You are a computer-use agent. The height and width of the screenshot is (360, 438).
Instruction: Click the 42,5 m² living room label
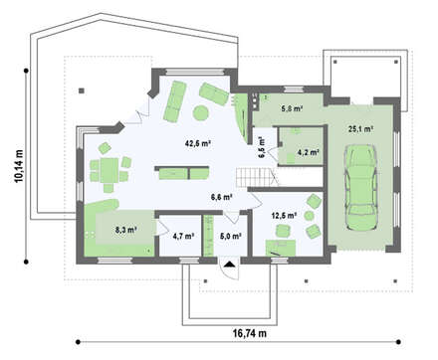tap(198, 143)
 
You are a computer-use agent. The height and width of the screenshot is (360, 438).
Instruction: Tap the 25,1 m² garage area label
tap(360, 129)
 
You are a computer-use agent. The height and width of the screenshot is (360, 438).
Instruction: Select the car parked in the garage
tap(360, 188)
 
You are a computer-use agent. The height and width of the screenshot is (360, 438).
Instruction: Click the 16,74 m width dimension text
tap(250, 333)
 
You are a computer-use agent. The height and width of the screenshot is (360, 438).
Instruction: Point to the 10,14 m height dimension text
tap(19, 166)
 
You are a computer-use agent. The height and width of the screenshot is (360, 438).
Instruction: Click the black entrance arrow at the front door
tap(229, 264)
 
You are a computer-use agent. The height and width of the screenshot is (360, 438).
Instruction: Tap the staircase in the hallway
tap(258, 177)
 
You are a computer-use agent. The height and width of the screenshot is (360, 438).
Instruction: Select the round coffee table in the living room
tap(201, 113)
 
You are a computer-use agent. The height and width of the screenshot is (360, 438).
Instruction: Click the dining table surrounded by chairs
tap(109, 170)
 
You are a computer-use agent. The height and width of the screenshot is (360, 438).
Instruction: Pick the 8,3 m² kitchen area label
tap(126, 230)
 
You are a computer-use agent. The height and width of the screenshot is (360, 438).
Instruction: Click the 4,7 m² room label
tap(183, 236)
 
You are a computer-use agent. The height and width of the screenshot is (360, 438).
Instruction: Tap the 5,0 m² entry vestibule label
tap(230, 236)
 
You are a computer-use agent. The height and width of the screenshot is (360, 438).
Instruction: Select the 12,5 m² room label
tap(284, 216)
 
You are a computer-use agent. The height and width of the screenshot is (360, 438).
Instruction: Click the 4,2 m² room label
tap(309, 152)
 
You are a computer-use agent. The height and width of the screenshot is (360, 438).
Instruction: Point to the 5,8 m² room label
tap(292, 108)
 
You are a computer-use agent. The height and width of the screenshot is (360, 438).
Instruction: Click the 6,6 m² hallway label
tap(221, 197)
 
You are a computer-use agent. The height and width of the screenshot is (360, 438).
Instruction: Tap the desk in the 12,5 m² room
tap(281, 248)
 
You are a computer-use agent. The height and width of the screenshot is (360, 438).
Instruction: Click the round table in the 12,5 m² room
tap(309, 216)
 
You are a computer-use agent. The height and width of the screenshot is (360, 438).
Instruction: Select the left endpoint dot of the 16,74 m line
tap(78, 342)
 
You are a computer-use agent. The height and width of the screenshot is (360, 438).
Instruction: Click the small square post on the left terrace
tap(82, 90)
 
